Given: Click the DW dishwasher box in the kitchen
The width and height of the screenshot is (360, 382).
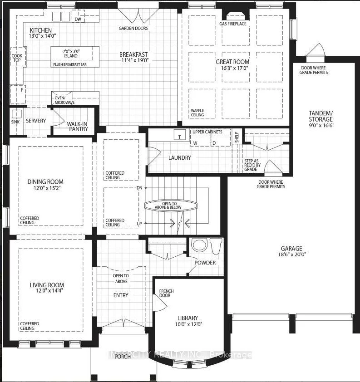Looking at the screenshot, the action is pyautogui.click(x=78, y=16).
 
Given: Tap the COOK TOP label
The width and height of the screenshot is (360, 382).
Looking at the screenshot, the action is pyautogui.click(x=17, y=58).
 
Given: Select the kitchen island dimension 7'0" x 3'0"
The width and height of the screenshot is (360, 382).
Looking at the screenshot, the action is pyautogui.click(x=71, y=51).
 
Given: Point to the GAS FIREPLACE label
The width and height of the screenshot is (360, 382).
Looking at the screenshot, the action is pyautogui.click(x=233, y=24).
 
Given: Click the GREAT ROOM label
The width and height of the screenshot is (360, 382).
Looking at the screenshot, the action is pyautogui.click(x=232, y=62).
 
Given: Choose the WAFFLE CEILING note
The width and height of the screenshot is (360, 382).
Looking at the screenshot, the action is pyautogui.click(x=197, y=113).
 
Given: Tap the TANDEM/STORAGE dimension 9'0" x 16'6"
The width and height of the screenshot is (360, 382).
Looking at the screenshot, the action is pyautogui.click(x=321, y=126).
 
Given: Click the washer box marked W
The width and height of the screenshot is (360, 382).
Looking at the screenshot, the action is pyautogui.click(x=200, y=141).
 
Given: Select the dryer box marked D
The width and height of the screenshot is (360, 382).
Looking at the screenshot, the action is pyautogui.click(x=220, y=141).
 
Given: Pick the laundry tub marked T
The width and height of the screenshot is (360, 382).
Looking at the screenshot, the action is pyautogui.click(x=180, y=135).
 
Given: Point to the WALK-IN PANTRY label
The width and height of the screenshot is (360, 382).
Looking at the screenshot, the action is pyautogui.click(x=78, y=127).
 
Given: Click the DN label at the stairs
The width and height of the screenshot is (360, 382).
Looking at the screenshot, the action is pyautogui.click(x=139, y=188).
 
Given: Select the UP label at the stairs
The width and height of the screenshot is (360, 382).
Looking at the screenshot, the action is pyautogui.click(x=139, y=223).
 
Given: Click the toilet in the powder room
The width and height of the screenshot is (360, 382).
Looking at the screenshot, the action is pyautogui.click(x=217, y=245).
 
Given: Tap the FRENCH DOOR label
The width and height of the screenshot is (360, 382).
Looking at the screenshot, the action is pyautogui.click(x=167, y=293).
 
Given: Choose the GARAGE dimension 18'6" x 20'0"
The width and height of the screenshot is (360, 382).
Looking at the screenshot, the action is pyautogui.click(x=292, y=255).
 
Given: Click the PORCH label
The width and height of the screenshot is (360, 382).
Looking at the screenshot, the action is pyautogui.click(x=123, y=357).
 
